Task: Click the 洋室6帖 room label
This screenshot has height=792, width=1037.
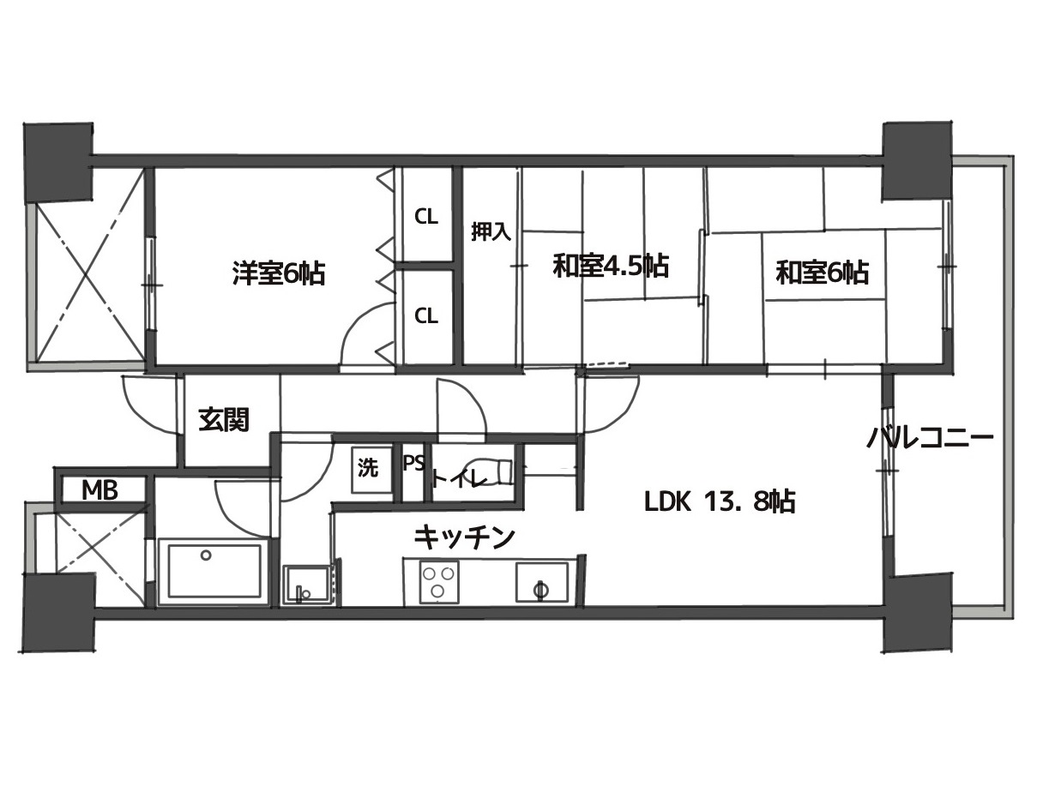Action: (x=278, y=273)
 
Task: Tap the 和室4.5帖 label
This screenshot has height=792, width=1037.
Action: (x=611, y=266)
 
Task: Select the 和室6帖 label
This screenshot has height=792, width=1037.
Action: (x=822, y=273)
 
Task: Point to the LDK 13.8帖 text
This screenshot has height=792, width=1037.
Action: (x=720, y=501)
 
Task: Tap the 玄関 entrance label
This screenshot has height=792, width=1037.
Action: (x=224, y=419)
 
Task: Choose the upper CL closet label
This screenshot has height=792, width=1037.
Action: (x=426, y=217)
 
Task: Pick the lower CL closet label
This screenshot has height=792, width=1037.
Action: (x=426, y=315)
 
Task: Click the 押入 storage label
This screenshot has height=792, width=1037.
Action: (x=491, y=232)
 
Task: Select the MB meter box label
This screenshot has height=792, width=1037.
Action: (x=99, y=491)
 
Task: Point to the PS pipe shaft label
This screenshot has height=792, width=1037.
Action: (x=413, y=464)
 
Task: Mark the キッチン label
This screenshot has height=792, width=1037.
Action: (x=464, y=539)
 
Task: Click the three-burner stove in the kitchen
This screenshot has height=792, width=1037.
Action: (x=439, y=583)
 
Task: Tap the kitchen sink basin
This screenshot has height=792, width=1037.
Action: (x=541, y=583)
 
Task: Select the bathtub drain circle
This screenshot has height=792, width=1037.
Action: (x=206, y=555)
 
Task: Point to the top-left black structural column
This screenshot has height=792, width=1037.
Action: (x=58, y=163)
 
